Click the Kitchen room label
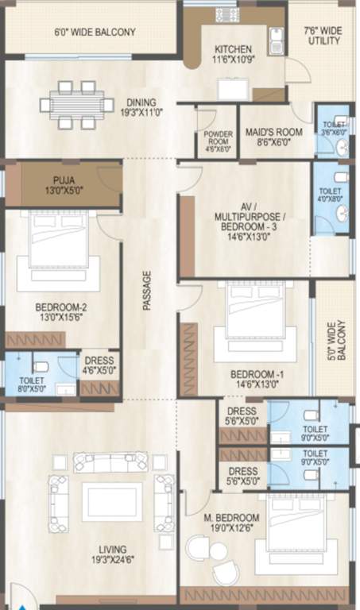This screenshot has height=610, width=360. click(x=231, y=54)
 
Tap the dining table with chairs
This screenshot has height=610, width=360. click(x=77, y=104)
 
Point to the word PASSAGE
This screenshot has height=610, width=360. click(x=147, y=290)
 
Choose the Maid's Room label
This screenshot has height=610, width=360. click(x=268, y=137)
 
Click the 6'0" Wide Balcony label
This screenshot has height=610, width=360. click(x=95, y=33)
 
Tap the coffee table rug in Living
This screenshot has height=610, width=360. click(x=112, y=501)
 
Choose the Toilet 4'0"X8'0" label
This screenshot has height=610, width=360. click(x=330, y=196)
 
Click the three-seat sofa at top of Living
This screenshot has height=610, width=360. click(x=111, y=462)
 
